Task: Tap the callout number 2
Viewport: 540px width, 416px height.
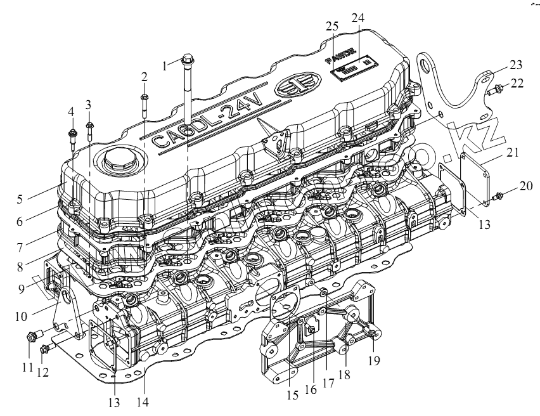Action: tap(145, 77)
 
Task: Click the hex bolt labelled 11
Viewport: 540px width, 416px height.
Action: tap(33, 335)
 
